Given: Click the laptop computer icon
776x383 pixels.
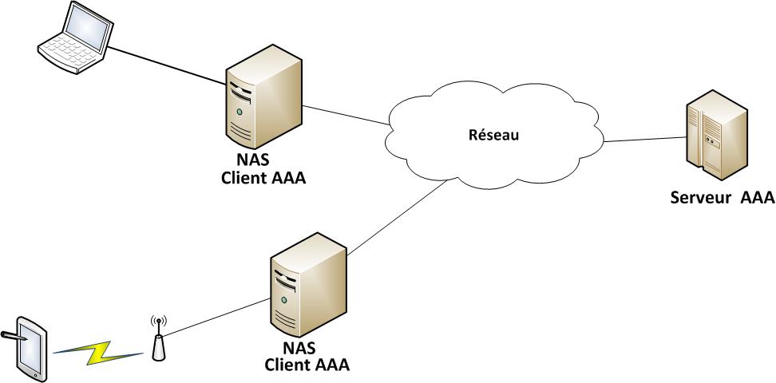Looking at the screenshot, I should tap(74, 40).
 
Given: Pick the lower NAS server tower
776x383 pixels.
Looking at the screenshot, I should tap(308, 283).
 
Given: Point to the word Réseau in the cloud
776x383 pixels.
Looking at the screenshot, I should tap(493, 135).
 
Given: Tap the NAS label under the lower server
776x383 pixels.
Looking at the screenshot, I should tap(299, 349).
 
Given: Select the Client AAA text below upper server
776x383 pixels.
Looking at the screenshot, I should tap(263, 177).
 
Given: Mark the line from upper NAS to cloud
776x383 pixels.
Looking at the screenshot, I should tap(345, 115).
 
